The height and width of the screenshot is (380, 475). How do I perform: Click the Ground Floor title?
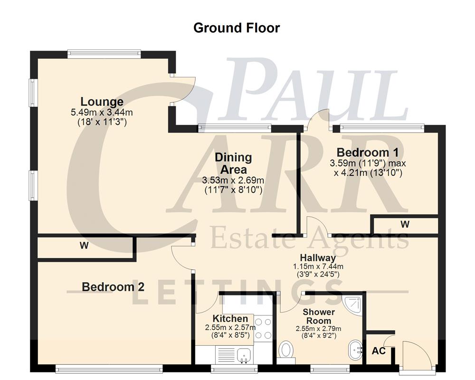point(237,28)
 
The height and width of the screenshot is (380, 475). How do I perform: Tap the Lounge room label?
point(102,101)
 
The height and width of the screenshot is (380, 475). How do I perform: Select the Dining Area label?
point(233,163)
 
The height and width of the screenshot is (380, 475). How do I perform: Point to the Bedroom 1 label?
point(367,152)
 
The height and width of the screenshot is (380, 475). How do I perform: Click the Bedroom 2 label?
point(113,287)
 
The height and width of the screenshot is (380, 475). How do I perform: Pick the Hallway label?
point(317,258)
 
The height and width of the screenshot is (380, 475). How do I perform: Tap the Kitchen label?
point(230,318)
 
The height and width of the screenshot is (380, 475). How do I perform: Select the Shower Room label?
point(319,316)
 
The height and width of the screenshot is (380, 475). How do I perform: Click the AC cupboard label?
point(379,351)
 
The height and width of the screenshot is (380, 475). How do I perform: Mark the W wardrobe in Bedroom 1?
point(405,224)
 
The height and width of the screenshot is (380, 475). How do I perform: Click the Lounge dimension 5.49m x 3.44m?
point(101,113)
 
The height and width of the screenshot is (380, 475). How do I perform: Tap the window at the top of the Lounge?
point(104,54)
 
